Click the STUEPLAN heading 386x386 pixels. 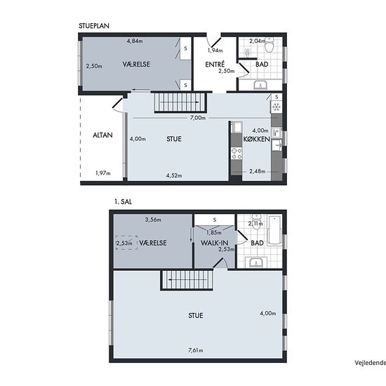[x=94, y=26]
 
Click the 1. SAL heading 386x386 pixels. [x=123, y=202]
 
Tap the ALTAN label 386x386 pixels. [x=102, y=135]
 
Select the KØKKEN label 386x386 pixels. [x=257, y=139]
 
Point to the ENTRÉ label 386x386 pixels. [x=215, y=65]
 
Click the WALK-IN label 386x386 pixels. [x=215, y=243]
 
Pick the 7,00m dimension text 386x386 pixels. [x=198, y=118]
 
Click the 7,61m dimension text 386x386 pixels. [x=196, y=350]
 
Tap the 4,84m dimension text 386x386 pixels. [x=135, y=41]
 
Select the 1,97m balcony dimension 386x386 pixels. [x=103, y=173]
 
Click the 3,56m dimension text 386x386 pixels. [x=153, y=220]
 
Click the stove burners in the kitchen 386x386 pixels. [x=237, y=154]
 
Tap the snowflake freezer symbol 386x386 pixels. [x=277, y=107]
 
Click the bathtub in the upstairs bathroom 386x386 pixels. [x=274, y=230]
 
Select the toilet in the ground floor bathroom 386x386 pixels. [x=269, y=45]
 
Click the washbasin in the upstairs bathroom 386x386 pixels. [x=256, y=262]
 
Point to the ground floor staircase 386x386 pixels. [x=180, y=102]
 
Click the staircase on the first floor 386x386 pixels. [x=187, y=280]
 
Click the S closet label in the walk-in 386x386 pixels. [x=215, y=220]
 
